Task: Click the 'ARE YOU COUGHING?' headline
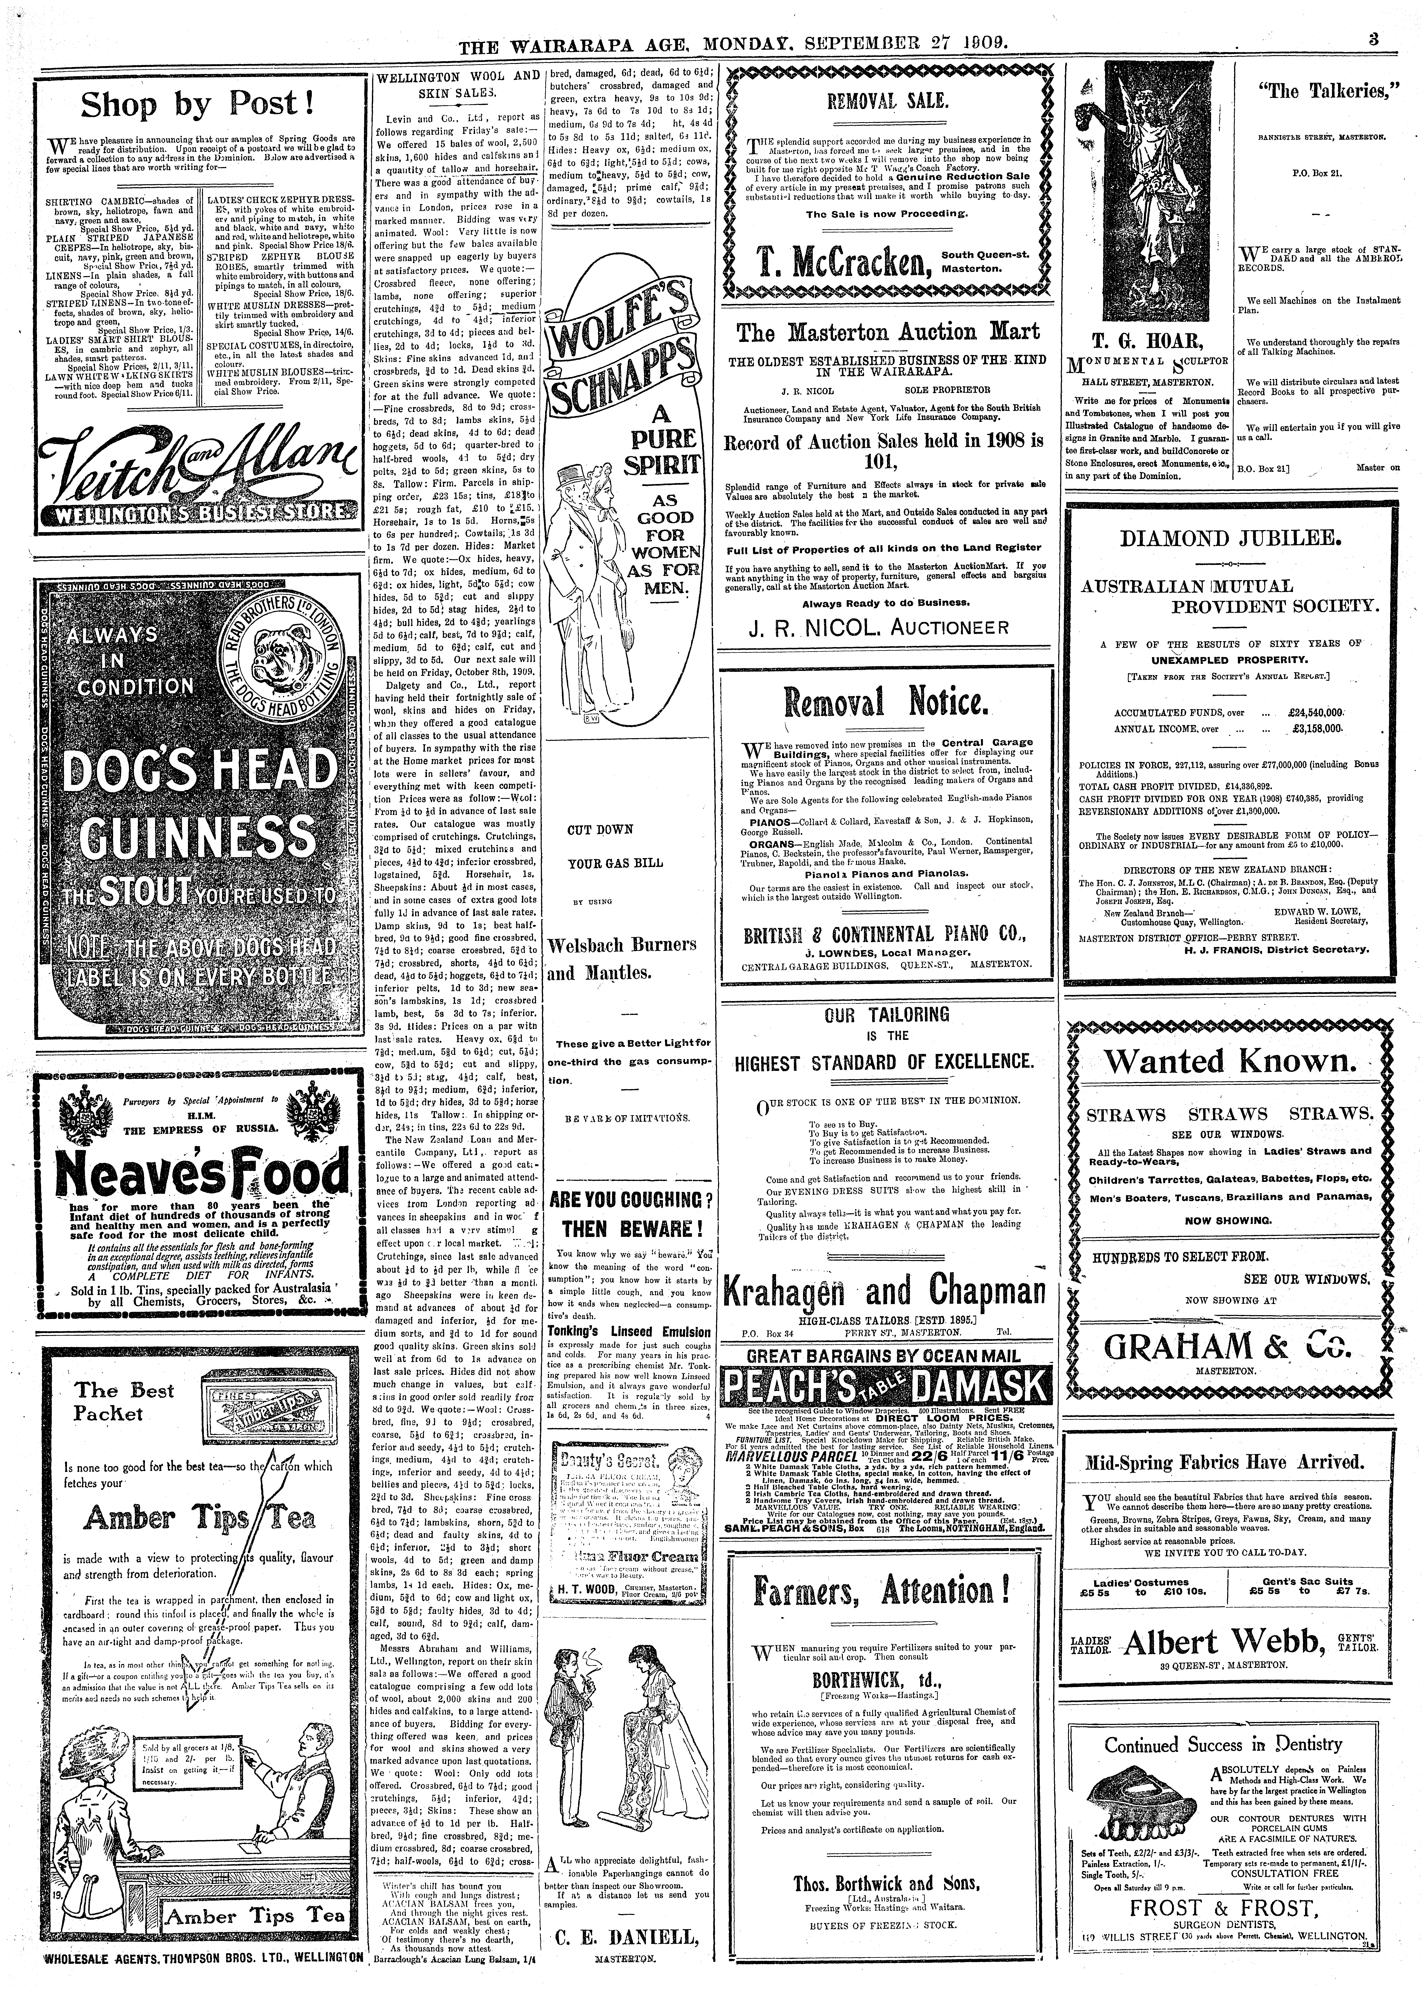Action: coord(629,1200)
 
